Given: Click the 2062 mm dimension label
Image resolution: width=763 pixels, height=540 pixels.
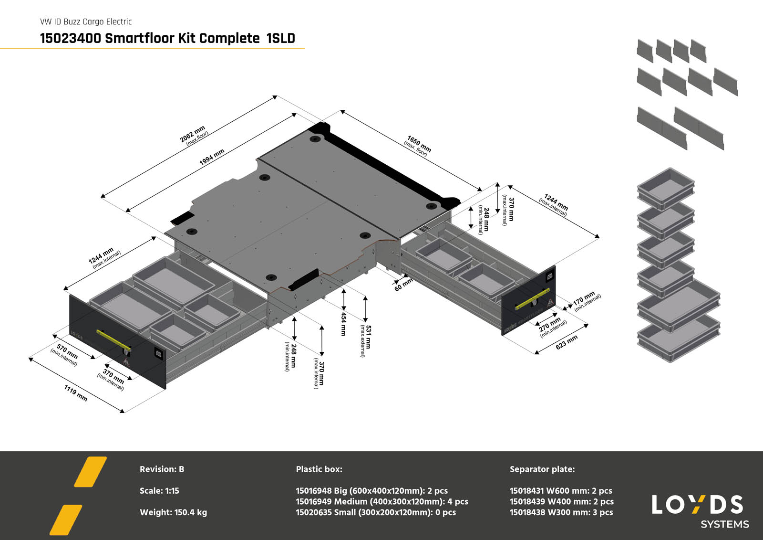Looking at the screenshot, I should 193,134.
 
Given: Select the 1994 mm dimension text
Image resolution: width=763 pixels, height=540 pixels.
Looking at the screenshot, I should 212,157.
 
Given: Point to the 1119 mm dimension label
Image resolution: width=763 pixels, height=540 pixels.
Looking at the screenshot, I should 76,393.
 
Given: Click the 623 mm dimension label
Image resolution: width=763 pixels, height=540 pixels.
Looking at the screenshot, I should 567,342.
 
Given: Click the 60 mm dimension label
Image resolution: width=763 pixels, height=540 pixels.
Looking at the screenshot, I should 403,285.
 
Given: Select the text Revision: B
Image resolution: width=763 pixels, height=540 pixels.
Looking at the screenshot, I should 162,469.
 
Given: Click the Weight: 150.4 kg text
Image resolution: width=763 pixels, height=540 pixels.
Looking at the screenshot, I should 173,512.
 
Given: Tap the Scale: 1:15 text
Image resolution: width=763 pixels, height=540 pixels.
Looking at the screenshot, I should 159,491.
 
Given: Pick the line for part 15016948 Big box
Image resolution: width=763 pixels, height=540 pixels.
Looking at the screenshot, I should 371,491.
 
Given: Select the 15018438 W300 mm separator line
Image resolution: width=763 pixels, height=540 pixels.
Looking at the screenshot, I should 561,512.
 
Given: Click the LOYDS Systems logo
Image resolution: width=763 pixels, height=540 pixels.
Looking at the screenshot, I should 699,511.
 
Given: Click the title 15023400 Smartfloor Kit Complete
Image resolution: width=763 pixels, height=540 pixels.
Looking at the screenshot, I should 167,38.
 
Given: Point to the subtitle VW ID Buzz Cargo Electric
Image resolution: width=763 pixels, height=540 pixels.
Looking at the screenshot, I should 86,21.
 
